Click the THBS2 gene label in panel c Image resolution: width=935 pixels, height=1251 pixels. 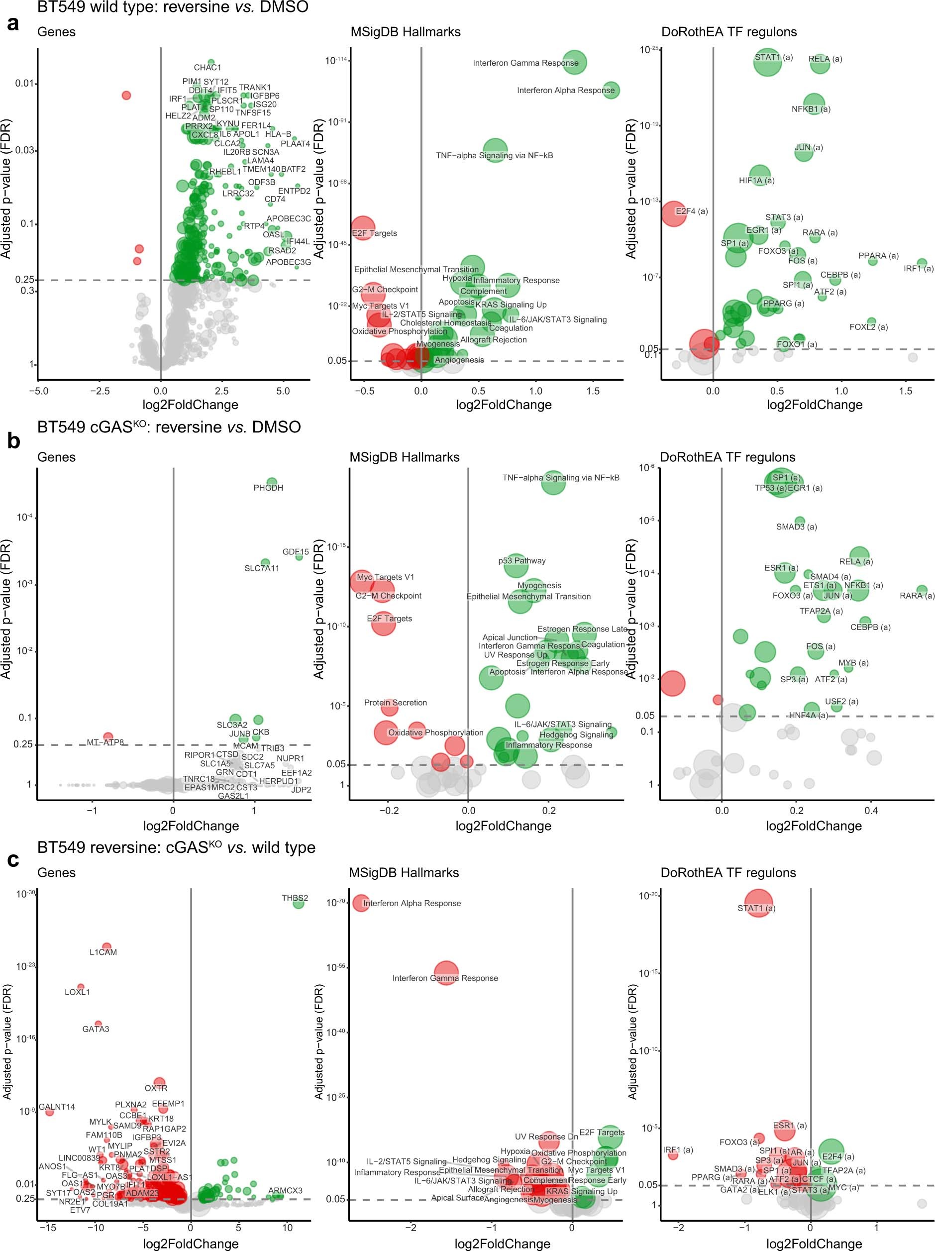(x=295, y=898)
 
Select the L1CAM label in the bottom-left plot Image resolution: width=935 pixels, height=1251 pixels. (x=103, y=952)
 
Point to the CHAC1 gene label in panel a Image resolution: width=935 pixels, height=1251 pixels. (x=207, y=68)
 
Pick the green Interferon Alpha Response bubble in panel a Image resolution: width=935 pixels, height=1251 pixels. (x=611, y=90)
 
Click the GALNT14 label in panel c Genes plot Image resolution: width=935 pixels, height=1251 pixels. (x=57, y=1107)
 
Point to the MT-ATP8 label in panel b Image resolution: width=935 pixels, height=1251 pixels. (x=104, y=742)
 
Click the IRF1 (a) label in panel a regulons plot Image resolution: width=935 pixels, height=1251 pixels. (x=918, y=269)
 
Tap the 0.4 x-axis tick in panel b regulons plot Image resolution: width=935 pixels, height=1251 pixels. (x=871, y=811)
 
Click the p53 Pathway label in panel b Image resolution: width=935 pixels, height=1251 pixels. (x=521, y=560)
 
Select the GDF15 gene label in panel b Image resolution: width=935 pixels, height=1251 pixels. (x=295, y=551)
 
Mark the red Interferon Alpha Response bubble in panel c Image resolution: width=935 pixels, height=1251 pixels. (x=360, y=903)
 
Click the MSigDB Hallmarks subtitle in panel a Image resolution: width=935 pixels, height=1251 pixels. (x=405, y=32)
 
